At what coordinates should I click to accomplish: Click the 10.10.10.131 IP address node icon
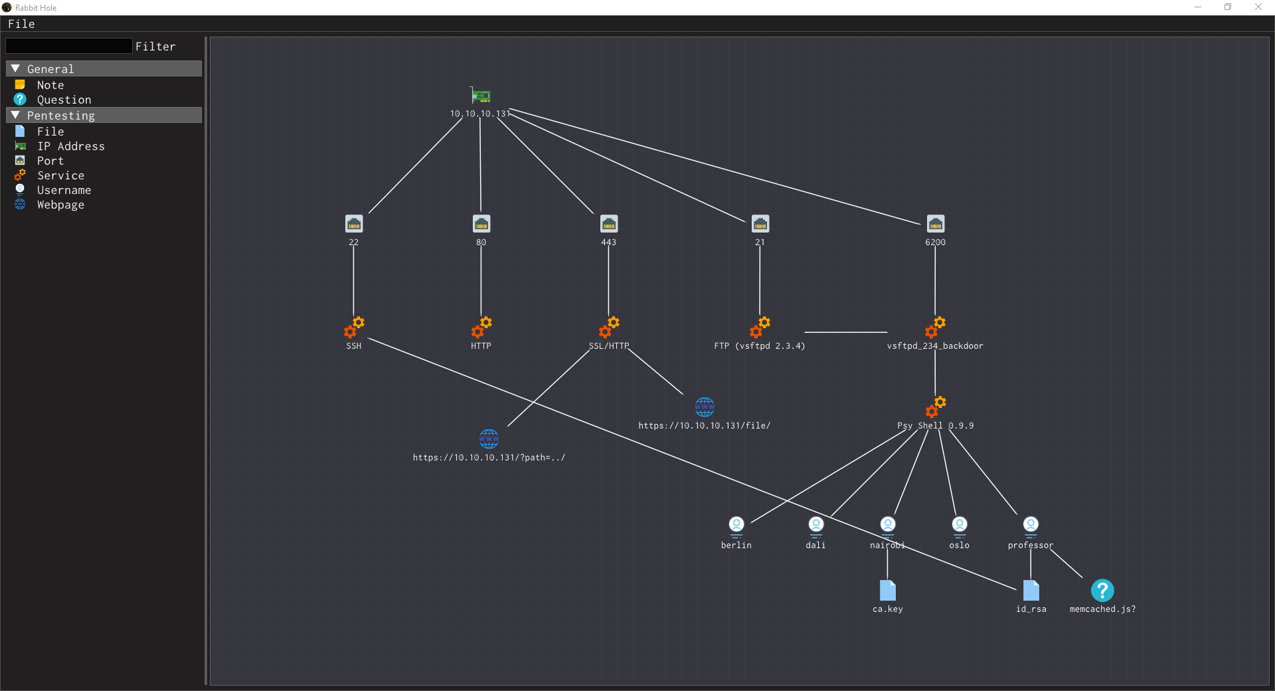click(x=481, y=96)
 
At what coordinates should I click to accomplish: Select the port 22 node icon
click(x=354, y=224)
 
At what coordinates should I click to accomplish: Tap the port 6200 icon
click(x=936, y=224)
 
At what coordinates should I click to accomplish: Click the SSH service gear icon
click(x=354, y=327)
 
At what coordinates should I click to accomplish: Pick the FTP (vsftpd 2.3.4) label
click(x=760, y=346)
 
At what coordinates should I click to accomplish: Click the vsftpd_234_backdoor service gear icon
click(x=936, y=327)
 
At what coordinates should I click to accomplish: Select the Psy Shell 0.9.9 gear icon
click(x=936, y=407)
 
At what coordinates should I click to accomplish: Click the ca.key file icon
click(x=888, y=590)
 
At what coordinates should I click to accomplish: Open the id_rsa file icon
click(x=1031, y=590)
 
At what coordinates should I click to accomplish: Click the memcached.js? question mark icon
click(x=1102, y=590)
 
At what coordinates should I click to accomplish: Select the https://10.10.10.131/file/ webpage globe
click(x=705, y=407)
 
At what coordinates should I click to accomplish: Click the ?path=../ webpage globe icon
click(x=489, y=439)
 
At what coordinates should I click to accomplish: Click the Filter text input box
click(x=69, y=46)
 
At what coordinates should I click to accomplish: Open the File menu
click(x=21, y=24)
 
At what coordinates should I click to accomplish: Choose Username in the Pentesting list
click(x=64, y=190)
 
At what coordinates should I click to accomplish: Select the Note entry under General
click(x=50, y=85)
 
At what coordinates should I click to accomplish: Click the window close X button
click(x=1258, y=7)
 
